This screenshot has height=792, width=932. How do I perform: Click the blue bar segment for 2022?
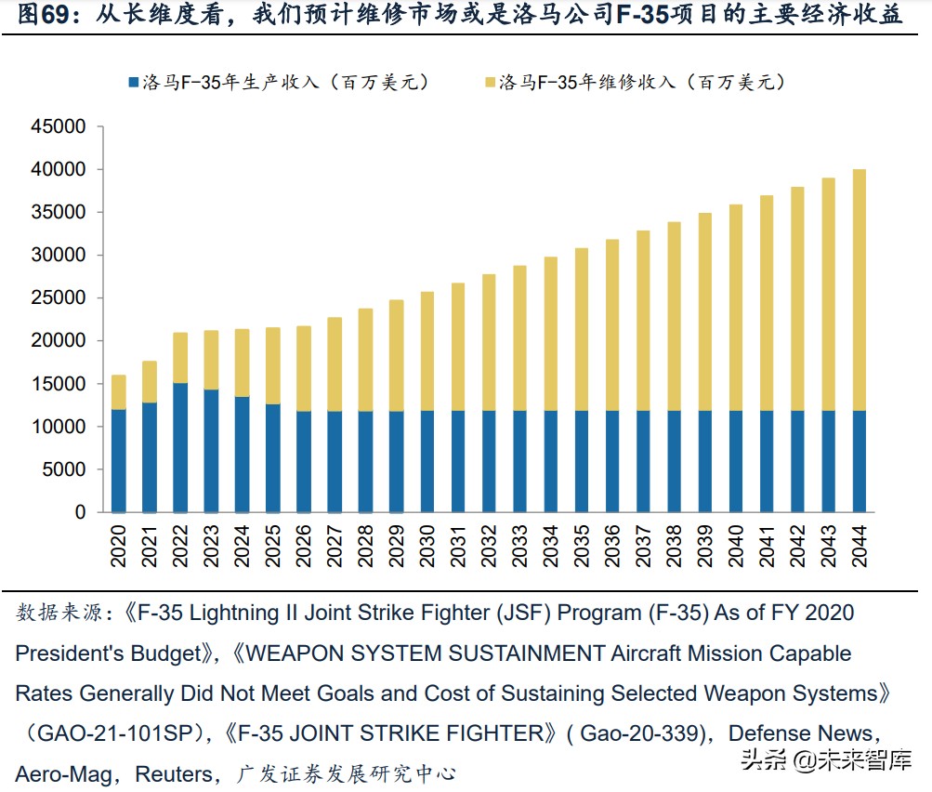pyautogui.click(x=179, y=447)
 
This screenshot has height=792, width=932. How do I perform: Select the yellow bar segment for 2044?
pyautogui.click(x=860, y=289)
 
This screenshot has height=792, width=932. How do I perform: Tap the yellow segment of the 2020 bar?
pyautogui.click(x=118, y=392)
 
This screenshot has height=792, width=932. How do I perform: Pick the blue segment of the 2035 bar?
pyautogui.click(x=582, y=461)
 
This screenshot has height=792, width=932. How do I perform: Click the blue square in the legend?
pyautogui.click(x=132, y=83)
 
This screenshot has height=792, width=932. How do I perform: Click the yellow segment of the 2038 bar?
pyautogui.click(x=675, y=316)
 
